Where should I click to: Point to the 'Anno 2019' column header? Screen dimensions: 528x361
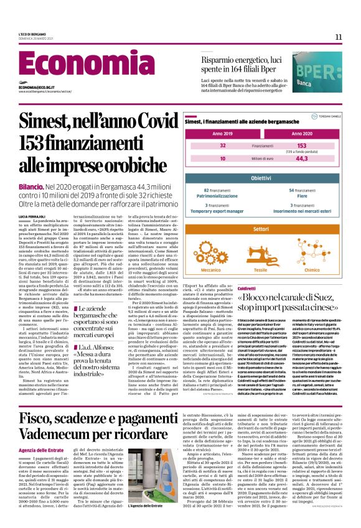pyautogui.click(x=222, y=134)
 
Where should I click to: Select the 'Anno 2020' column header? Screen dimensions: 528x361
pyautogui.click(x=301, y=134)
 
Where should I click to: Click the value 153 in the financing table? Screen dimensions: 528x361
pyautogui.click(x=302, y=145)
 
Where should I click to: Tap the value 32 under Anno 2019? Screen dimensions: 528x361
pyautogui.click(x=223, y=145)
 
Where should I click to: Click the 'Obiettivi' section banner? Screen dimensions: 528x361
pyautogui.click(x=262, y=178)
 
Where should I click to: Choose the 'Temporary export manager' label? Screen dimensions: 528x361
pyautogui.click(x=223, y=210)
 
